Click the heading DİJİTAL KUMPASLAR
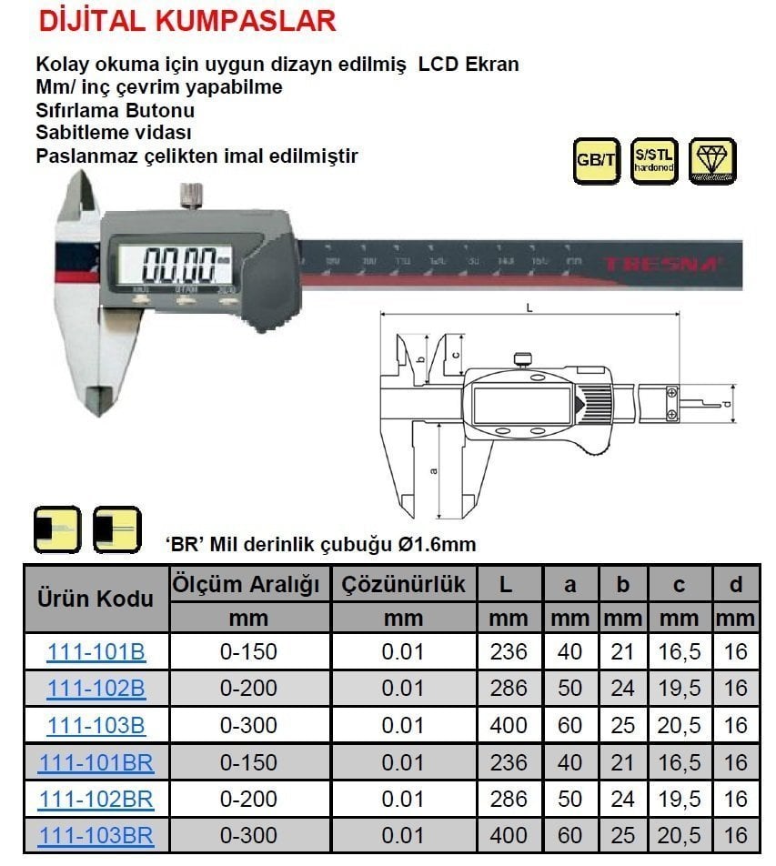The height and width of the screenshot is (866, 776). point(186,20)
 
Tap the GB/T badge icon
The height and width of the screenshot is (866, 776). point(596,161)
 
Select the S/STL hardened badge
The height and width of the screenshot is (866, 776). point(653,161)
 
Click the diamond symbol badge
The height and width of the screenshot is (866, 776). point(712,161)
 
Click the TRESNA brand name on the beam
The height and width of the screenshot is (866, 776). point(661,266)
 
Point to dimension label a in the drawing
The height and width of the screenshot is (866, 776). point(433,470)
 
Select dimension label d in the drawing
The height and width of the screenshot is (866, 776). point(727,402)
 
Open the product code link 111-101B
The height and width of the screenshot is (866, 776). point(96,652)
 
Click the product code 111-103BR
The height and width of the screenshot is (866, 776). point(96,834)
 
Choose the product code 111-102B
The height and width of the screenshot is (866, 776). point(96,689)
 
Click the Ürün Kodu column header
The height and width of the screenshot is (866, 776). point(96,599)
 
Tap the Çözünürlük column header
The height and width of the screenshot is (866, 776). point(403,584)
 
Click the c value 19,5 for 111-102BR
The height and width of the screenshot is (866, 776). point(679,798)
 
